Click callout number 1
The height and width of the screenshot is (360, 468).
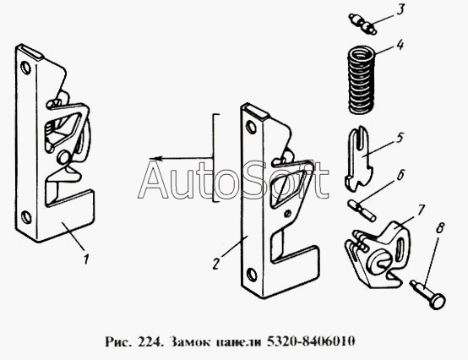point(86,259)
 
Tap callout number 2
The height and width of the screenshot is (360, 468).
point(216,264)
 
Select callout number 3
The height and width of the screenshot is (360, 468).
point(400,9)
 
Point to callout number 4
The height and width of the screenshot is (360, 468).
point(400,45)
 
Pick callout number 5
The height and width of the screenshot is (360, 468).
point(400,138)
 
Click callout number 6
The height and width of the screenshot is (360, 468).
point(400,175)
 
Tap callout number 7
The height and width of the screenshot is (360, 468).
point(420,210)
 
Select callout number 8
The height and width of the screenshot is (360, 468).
point(439,229)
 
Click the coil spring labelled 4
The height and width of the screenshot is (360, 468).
point(362,79)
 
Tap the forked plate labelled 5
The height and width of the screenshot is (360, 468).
point(359,158)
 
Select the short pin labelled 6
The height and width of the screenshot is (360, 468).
point(362,210)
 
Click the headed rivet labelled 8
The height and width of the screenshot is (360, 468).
point(428,295)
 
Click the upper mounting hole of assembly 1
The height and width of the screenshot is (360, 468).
point(25,68)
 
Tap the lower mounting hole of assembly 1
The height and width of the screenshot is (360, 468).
point(26,216)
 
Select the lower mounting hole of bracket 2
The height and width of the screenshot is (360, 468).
point(252,275)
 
